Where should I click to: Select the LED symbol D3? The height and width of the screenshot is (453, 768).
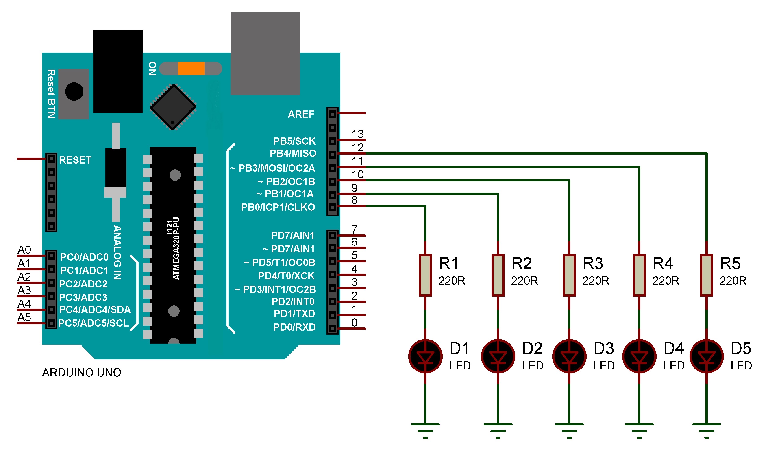point(569,356)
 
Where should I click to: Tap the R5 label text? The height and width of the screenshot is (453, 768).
point(730,263)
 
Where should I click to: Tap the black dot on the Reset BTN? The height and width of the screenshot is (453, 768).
point(74,91)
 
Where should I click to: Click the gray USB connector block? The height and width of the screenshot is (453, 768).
point(265,53)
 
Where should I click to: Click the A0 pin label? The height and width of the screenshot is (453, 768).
point(24,250)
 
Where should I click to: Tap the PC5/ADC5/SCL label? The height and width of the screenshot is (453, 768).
point(94,323)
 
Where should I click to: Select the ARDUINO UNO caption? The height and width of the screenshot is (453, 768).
point(81,372)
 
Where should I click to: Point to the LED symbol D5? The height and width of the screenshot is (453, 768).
point(706,356)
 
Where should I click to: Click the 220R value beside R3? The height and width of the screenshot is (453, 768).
point(596,281)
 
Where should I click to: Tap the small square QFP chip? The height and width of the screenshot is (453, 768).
point(173,107)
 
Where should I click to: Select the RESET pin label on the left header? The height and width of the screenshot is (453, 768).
point(75,160)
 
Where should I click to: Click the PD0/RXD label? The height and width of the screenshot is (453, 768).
point(294,327)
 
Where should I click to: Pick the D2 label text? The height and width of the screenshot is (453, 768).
point(532,348)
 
